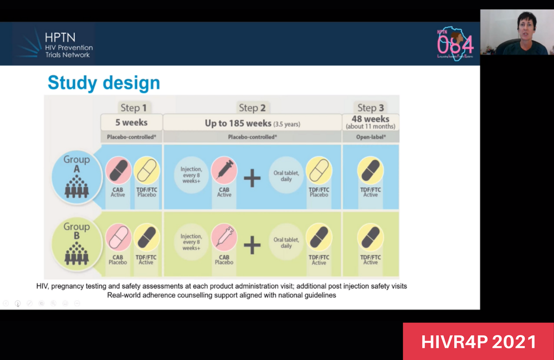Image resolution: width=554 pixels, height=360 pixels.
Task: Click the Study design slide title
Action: click(x=104, y=83)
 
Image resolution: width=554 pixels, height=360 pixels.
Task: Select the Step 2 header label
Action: click(x=252, y=107)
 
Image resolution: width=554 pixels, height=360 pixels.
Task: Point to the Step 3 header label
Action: click(x=370, y=107)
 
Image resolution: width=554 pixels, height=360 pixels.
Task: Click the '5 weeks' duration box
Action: click(x=131, y=122)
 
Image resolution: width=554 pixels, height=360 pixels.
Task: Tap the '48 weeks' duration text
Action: click(x=370, y=119)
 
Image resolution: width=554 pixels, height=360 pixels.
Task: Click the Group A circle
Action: click(x=76, y=176)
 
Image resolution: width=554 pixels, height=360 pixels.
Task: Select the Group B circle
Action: click(x=76, y=243)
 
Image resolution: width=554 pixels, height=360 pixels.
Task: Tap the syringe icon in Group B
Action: click(x=224, y=237)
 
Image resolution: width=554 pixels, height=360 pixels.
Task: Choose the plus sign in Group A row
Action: click(x=252, y=178)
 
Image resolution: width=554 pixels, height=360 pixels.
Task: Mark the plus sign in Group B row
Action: click(x=252, y=245)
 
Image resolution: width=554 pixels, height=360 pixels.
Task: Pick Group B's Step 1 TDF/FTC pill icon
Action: click(x=146, y=237)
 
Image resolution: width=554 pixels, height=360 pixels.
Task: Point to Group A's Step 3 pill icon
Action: click(x=370, y=170)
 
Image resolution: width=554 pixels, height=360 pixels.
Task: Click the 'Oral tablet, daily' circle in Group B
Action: click(x=286, y=242)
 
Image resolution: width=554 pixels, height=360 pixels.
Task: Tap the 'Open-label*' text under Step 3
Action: click(x=370, y=137)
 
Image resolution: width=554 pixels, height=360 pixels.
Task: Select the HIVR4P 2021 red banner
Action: click(x=478, y=341)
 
